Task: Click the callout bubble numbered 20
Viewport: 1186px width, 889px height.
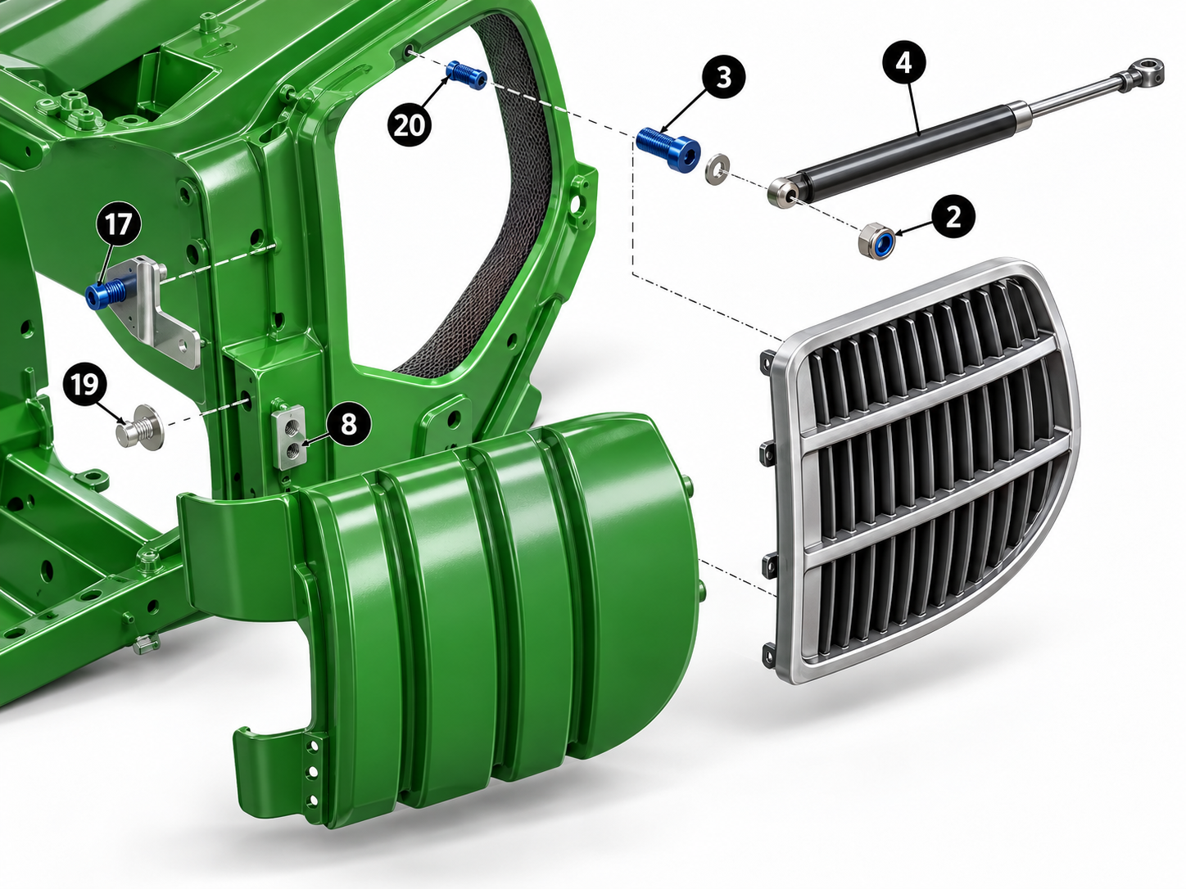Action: point(410,126)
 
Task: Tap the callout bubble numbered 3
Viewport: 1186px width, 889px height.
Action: point(723,78)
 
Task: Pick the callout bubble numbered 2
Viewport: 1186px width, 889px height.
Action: point(953,216)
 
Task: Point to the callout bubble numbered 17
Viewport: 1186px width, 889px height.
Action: point(118,224)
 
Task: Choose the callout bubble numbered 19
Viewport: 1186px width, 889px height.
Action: point(84,385)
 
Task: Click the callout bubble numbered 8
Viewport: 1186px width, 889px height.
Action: point(349,423)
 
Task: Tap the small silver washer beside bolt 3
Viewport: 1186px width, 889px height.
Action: point(717,168)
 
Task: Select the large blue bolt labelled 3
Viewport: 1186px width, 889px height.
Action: point(668,149)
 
